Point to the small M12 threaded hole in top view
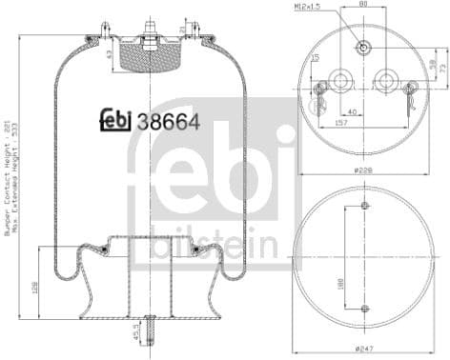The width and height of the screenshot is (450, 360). pyautogui.click(x=363, y=46)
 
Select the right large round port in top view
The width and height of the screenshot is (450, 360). pyautogui.click(x=386, y=79)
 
